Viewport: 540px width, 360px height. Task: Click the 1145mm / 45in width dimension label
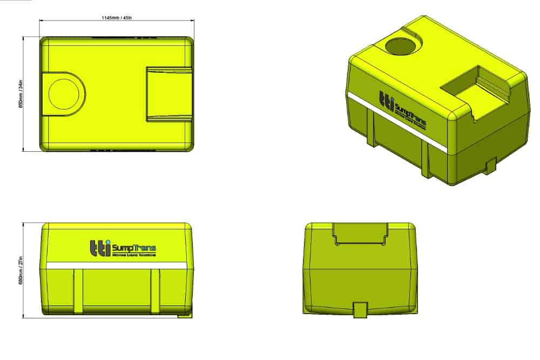tap(116, 17)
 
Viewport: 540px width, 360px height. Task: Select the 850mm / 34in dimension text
tap(21, 94)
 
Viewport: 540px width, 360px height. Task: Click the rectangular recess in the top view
tap(169, 93)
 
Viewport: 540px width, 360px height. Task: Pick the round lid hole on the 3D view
tap(402, 46)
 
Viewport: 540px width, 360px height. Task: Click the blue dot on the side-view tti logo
tap(107, 241)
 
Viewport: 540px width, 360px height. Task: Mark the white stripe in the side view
tap(116, 266)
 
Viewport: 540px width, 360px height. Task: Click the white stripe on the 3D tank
tap(397, 120)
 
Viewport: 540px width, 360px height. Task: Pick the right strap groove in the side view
tap(155, 290)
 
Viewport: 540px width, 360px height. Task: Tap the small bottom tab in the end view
tap(360, 310)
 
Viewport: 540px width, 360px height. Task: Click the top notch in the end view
tap(360, 233)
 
